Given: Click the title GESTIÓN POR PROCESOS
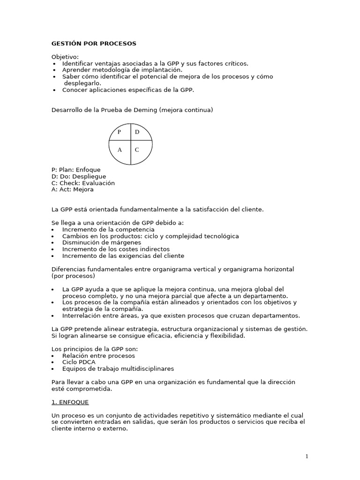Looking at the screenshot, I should (94, 44).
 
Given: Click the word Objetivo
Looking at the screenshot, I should (65, 57).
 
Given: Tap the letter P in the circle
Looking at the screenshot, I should (119, 132).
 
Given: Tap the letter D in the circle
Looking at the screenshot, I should (137, 132).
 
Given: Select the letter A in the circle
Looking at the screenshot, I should (120, 150).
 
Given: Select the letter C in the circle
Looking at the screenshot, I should (137, 150).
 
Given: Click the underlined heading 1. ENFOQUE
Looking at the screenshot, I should (70, 402).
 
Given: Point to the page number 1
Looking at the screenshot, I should (307, 457).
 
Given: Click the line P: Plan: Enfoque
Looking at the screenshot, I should (76, 170).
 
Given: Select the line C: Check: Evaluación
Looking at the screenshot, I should (83, 183).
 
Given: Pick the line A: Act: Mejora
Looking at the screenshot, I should (73, 189).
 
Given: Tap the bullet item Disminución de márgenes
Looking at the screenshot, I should (101, 243).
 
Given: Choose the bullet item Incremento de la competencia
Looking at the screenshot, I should (108, 230).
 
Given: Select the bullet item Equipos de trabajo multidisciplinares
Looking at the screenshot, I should (118, 369).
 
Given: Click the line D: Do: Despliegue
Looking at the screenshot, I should (79, 176).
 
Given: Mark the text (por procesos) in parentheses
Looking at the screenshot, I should (73, 276).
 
